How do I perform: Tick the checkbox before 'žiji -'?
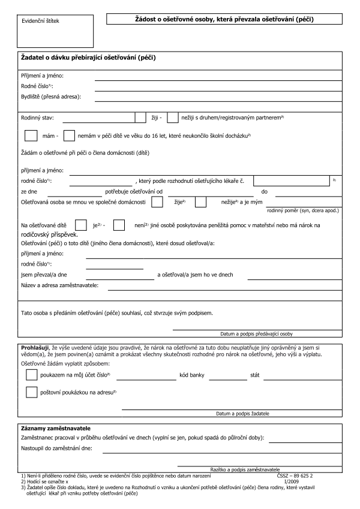click(141, 118)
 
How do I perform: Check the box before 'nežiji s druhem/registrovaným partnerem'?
click(173, 118)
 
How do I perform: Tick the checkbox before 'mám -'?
click(32, 136)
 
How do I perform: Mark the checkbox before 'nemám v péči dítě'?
click(69, 136)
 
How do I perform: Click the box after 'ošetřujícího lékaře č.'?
click(290, 180)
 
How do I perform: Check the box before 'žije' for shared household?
click(158, 203)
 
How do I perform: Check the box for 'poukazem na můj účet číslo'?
click(32, 375)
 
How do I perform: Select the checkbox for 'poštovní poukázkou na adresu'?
click(32, 393)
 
